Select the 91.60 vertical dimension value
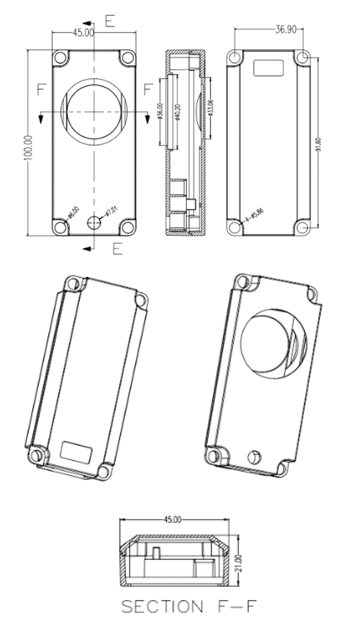tap(318, 143)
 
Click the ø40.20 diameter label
tap(178, 111)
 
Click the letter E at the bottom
tap(117, 249)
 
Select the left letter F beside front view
tap(42, 90)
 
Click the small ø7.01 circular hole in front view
tap(93, 222)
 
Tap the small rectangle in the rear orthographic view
tap(269, 67)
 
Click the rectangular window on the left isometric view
tap(77, 451)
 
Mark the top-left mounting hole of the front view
tap(60, 59)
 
